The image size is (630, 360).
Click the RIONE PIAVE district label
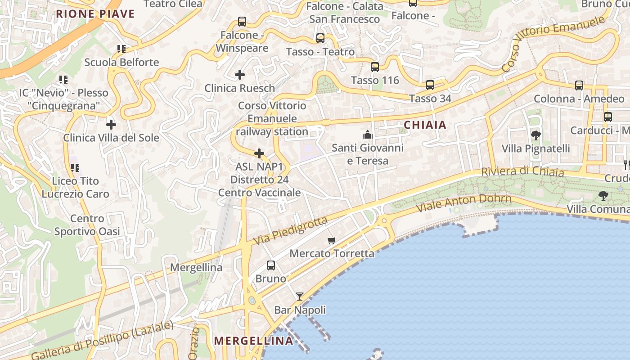pyautogui.click(x=95, y=14)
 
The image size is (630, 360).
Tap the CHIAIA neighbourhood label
pyautogui.click(x=425, y=125)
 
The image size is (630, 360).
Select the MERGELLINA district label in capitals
pyautogui.click(x=254, y=341)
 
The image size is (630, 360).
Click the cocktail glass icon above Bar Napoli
pyautogui.click(x=300, y=296)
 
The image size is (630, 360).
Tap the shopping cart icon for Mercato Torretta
pyautogui.click(x=332, y=240)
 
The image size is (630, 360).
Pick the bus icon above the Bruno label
pyautogui.click(x=271, y=265)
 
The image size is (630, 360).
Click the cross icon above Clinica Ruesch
pyautogui.click(x=240, y=74)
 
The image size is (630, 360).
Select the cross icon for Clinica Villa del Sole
pyautogui.click(x=111, y=124)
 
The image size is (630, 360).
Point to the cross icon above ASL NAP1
pyautogui.click(x=259, y=153)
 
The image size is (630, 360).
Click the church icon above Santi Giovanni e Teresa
pyautogui.click(x=368, y=135)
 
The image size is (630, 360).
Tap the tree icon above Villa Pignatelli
pyautogui.click(x=535, y=135)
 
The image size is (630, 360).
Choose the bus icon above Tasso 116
pyautogui.click(x=375, y=67)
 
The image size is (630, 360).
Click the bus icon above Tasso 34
pyautogui.click(x=430, y=85)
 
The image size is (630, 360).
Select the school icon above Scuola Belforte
pyautogui.click(x=121, y=49)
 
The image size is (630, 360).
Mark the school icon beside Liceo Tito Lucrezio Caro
pyautogui.click(x=75, y=168)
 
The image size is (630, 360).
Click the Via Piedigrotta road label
pyautogui.click(x=290, y=231)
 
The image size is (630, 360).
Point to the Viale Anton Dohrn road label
pyautogui.click(x=464, y=204)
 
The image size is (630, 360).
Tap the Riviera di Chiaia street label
pyautogui.click(x=522, y=171)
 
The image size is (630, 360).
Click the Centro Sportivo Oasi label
pyautogui.click(x=87, y=225)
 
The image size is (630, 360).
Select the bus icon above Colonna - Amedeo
pyautogui.click(x=579, y=85)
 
